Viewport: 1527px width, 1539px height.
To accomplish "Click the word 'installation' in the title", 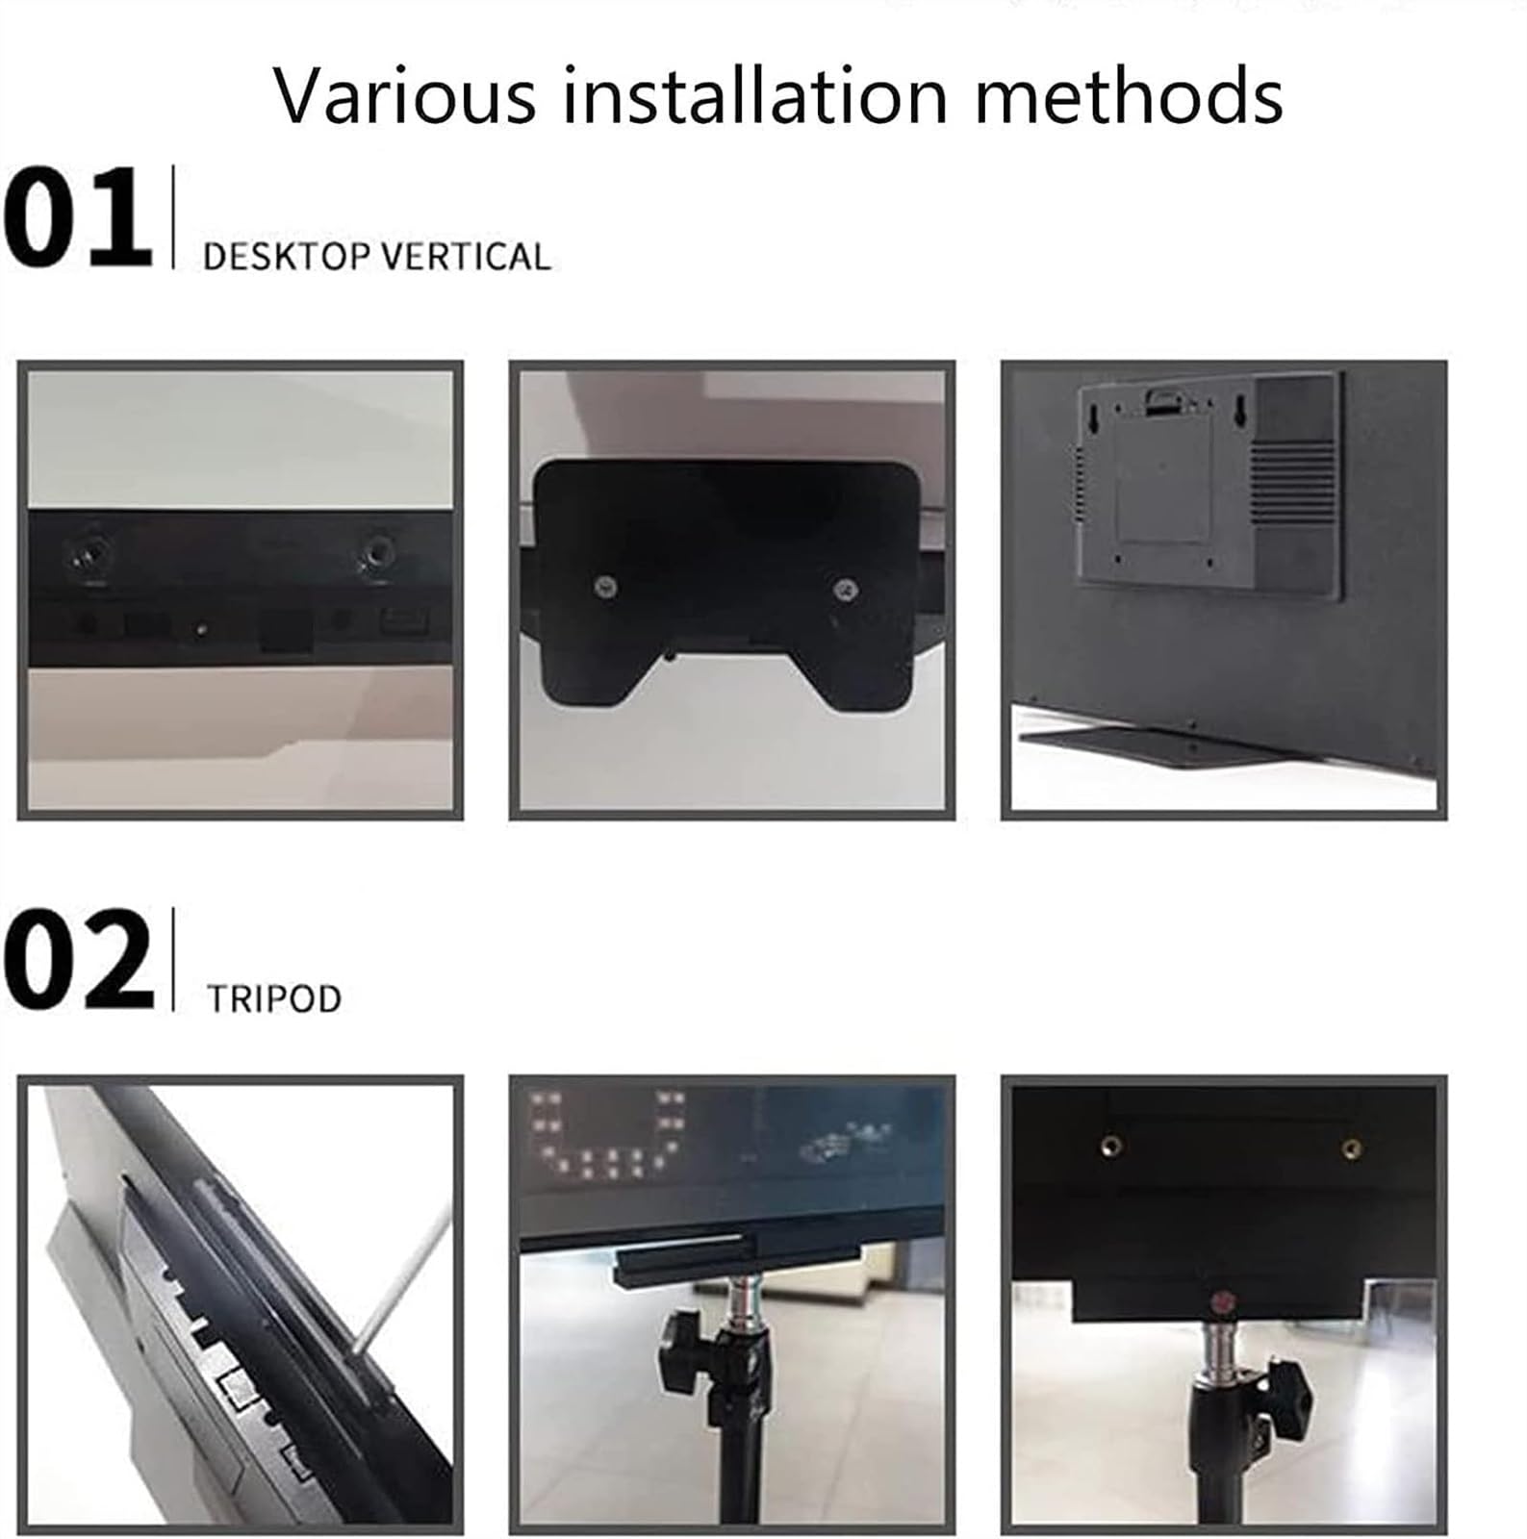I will point(755,96).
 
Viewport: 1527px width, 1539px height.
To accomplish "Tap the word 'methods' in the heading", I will point(1128,96).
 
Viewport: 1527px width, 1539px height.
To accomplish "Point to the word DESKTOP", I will point(287,258).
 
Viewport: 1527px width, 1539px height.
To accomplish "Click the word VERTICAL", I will point(466,258).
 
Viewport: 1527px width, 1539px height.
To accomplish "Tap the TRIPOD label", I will point(274,998).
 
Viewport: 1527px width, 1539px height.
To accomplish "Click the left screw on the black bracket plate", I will point(605,586).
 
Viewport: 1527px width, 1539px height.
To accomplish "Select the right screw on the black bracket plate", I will point(846,589).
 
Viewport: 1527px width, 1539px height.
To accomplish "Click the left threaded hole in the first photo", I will point(87,555).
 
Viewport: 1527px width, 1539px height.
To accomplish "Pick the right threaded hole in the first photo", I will point(376,554).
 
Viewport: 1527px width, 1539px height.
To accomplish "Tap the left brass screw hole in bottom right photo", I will point(1112,1146).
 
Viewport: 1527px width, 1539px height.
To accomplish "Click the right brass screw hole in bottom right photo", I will point(1351,1148).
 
